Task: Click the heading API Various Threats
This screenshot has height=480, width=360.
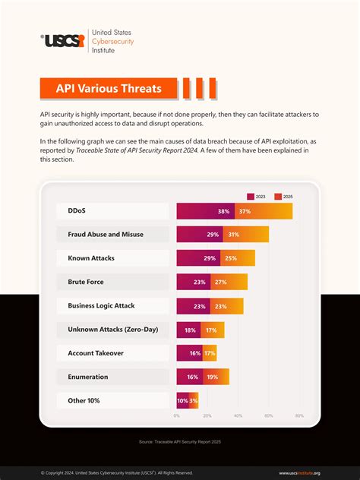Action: (108, 88)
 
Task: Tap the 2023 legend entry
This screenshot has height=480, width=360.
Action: (257, 196)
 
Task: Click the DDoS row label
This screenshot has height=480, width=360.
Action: (76, 210)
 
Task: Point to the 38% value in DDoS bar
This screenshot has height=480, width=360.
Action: (224, 211)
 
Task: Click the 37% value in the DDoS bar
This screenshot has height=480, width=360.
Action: (245, 211)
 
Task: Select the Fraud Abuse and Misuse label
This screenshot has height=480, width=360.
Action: (105, 234)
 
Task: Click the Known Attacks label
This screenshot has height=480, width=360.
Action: (91, 258)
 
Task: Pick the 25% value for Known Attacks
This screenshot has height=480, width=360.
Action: (230, 258)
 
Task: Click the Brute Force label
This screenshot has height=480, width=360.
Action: (86, 282)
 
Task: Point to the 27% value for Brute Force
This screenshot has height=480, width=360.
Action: (221, 282)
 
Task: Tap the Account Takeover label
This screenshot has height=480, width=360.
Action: (96, 353)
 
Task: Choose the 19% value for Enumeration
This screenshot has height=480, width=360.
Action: (212, 377)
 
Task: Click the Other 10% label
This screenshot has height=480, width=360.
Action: (84, 400)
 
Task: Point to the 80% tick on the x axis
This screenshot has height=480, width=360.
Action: (299, 415)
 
